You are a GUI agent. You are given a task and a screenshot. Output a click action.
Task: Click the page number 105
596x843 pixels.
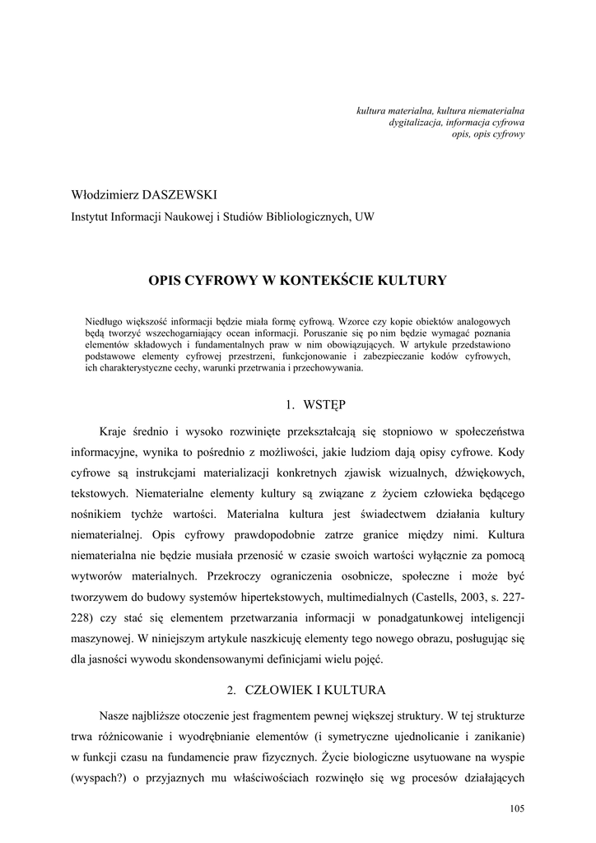click(x=517, y=809)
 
